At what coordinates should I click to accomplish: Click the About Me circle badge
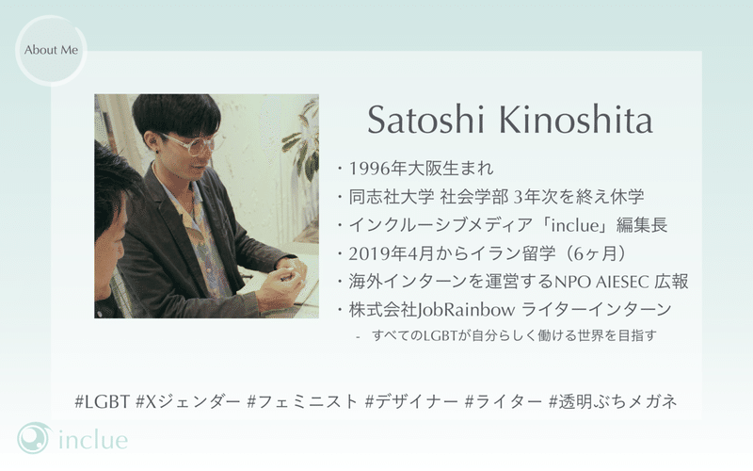point(51,51)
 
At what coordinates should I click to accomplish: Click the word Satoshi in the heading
point(425,120)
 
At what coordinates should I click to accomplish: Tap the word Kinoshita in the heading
point(575,120)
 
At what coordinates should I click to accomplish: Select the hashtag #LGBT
point(103,401)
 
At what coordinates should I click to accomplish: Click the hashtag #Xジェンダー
point(187,401)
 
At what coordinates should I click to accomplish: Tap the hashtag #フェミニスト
point(302,401)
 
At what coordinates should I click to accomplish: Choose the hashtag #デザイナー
point(411,401)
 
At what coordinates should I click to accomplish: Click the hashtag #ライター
point(504,401)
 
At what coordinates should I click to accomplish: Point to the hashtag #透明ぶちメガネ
point(613,401)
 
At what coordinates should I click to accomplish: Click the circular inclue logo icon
point(34,438)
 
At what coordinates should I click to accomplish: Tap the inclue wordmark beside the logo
point(93,440)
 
